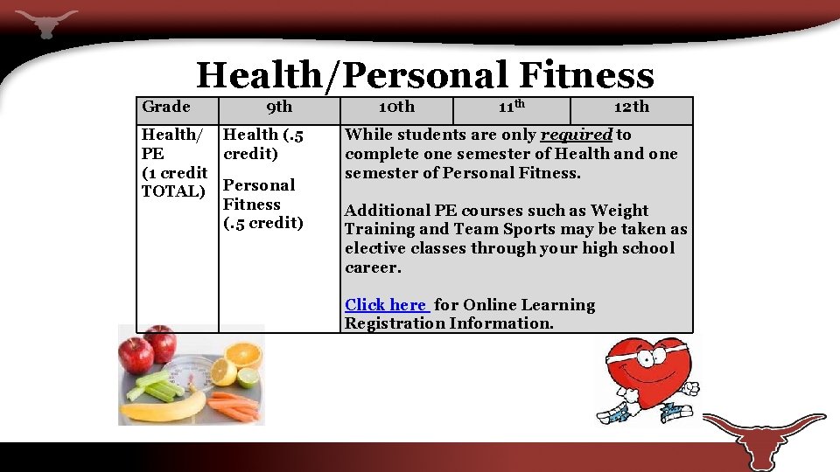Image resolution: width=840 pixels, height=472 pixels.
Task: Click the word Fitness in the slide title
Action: tap(585, 75)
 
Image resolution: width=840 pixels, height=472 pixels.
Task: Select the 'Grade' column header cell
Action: tap(165, 107)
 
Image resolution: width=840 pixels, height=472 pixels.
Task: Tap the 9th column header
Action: tap(279, 108)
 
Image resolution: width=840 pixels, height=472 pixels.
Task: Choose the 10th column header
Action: tap(396, 108)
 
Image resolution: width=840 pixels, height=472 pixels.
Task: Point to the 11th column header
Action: tap(511, 108)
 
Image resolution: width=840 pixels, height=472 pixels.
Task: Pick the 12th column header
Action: tap(631, 108)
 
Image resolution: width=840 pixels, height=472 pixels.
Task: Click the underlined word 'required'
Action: tap(577, 135)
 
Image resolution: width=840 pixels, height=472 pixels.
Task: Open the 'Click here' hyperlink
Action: tap(385, 305)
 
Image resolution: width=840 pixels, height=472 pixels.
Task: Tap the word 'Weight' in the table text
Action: tap(619, 211)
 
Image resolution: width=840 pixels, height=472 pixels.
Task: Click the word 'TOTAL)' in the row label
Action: tap(173, 191)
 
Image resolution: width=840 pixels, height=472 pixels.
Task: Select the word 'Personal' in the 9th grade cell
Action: tap(259, 185)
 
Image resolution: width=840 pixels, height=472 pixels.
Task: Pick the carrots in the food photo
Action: tap(232, 405)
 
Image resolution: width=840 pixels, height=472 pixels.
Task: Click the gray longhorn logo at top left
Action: tap(45, 21)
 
